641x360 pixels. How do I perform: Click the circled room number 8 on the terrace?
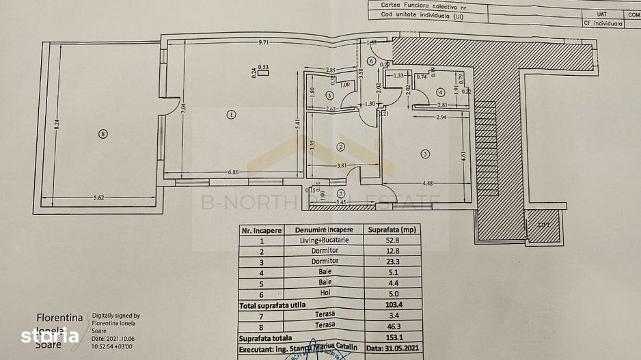(x=103, y=134)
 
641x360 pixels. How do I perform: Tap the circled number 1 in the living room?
(x=232, y=115)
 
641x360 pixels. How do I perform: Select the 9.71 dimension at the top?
(x=266, y=43)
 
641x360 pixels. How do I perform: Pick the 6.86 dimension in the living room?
(x=235, y=171)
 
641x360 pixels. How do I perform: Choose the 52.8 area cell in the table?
(x=392, y=240)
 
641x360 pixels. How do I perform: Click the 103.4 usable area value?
(x=392, y=305)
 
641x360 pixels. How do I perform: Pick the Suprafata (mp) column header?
(x=392, y=230)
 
